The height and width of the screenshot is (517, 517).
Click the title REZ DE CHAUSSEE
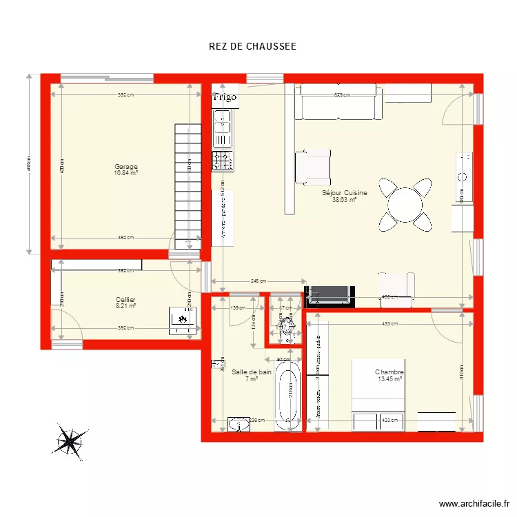click(x=252, y=47)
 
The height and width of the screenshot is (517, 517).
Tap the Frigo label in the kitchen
click(x=225, y=97)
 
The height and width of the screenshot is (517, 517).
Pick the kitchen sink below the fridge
click(x=223, y=130)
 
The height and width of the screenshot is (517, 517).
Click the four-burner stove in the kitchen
click(x=223, y=161)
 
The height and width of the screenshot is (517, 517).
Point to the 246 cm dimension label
click(x=258, y=281)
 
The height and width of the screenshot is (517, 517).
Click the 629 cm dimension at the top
click(x=342, y=95)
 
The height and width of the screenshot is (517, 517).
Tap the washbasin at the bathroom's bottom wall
click(x=239, y=425)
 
